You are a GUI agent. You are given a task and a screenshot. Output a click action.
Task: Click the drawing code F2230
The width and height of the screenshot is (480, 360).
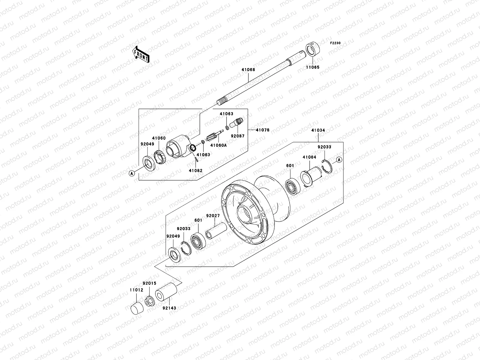click(335, 43)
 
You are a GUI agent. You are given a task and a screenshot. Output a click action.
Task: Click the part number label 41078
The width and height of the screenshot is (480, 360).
click(262, 130)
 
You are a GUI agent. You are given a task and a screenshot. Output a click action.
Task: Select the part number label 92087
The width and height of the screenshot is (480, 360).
click(238, 136)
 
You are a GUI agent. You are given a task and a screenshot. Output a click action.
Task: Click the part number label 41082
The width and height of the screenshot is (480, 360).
click(196, 170)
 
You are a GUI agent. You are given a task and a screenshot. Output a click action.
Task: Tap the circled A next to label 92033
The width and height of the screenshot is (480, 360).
click(339, 160)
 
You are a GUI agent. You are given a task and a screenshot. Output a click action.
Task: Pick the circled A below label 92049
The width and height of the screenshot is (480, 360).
click(131, 173)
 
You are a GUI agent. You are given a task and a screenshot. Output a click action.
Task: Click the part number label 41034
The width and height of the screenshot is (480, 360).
click(318, 130)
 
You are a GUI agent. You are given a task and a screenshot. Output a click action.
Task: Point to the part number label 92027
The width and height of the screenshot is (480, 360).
click(213, 216)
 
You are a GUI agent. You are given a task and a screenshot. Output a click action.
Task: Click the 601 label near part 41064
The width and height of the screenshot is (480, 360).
click(290, 166)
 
